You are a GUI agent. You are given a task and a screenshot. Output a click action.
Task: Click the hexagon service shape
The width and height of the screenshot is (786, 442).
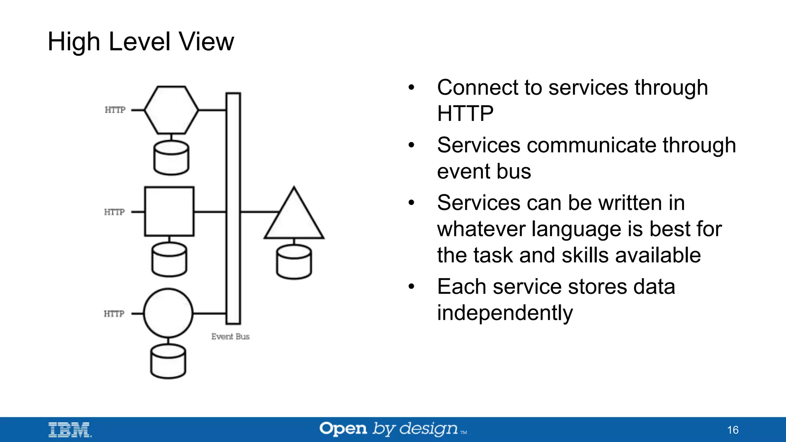[171, 110]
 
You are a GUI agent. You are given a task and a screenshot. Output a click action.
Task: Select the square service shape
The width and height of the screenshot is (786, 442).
[169, 211]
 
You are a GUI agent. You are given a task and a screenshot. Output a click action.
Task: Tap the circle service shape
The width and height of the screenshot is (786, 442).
[168, 313]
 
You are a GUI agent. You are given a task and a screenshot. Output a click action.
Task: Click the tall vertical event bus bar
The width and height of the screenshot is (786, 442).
[233, 208]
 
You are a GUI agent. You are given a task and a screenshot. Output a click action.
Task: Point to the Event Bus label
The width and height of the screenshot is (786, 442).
[230, 336]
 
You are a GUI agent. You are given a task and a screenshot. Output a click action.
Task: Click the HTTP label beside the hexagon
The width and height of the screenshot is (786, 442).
[115, 110]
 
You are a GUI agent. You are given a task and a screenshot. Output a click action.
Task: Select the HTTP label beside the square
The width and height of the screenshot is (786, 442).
[114, 212]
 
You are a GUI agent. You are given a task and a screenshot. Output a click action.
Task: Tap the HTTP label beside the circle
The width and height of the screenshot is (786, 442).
[114, 314]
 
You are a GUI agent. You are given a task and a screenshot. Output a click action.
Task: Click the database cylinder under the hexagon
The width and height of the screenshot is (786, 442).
[171, 158]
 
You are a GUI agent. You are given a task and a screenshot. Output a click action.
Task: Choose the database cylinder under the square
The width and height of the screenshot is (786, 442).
[169, 260]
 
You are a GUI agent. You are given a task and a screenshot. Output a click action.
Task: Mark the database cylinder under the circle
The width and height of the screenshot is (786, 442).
[168, 361]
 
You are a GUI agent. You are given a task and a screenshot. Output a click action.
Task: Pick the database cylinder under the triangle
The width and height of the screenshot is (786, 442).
[294, 262]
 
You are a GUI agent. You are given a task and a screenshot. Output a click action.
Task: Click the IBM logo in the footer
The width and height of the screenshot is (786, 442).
[70, 430]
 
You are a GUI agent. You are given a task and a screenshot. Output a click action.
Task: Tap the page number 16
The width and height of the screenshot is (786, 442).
[733, 430]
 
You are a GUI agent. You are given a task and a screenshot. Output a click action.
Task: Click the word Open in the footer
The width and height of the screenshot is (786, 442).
[343, 429]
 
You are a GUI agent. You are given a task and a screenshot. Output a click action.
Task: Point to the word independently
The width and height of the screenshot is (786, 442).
[505, 313]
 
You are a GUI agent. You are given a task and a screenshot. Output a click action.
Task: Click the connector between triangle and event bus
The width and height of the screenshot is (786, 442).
[259, 212]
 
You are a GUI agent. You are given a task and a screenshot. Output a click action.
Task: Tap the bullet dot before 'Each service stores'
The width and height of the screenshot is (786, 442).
[411, 287]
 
